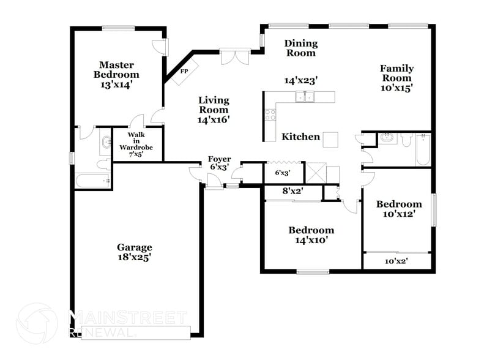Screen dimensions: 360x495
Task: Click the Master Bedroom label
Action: pyautogui.click(x=117, y=70)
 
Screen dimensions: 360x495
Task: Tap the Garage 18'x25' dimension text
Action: pyautogui.click(x=135, y=258)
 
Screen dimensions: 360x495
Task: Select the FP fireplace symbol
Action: pyautogui.click(x=183, y=71)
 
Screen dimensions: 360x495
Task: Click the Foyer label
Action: pyautogui.click(x=219, y=159)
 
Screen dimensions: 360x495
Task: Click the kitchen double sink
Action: pyautogui.click(x=304, y=97)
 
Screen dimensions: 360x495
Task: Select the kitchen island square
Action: pyautogui.click(x=331, y=140)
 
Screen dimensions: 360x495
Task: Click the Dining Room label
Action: pyautogui.click(x=300, y=48)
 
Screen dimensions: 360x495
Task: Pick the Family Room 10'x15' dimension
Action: pyautogui.click(x=396, y=88)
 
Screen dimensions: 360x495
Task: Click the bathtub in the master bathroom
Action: pyautogui.click(x=92, y=181)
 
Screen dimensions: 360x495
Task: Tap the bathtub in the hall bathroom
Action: pyautogui.click(x=423, y=149)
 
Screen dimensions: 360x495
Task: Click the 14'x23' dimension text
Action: pyautogui.click(x=300, y=80)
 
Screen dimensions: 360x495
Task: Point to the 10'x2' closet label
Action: pyautogui.click(x=396, y=261)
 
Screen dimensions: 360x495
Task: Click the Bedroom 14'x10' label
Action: pyautogui.click(x=311, y=235)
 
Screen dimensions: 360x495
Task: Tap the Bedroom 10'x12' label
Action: pyautogui.click(x=398, y=209)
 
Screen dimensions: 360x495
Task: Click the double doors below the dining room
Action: pyautogui.click(x=234, y=58)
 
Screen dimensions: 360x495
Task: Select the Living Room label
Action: pyautogui.click(x=213, y=110)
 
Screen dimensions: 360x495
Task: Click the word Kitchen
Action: pyautogui.click(x=300, y=137)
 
